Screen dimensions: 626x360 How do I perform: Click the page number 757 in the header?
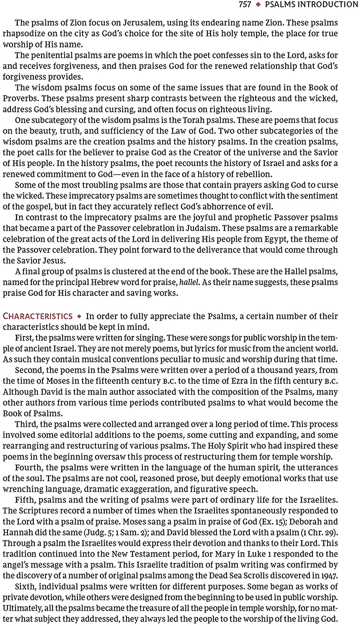(x=245, y=5)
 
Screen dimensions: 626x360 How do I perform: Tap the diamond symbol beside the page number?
(x=258, y=5)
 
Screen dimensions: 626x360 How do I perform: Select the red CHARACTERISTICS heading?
(x=38, y=316)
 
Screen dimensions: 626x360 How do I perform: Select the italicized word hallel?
(x=189, y=283)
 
